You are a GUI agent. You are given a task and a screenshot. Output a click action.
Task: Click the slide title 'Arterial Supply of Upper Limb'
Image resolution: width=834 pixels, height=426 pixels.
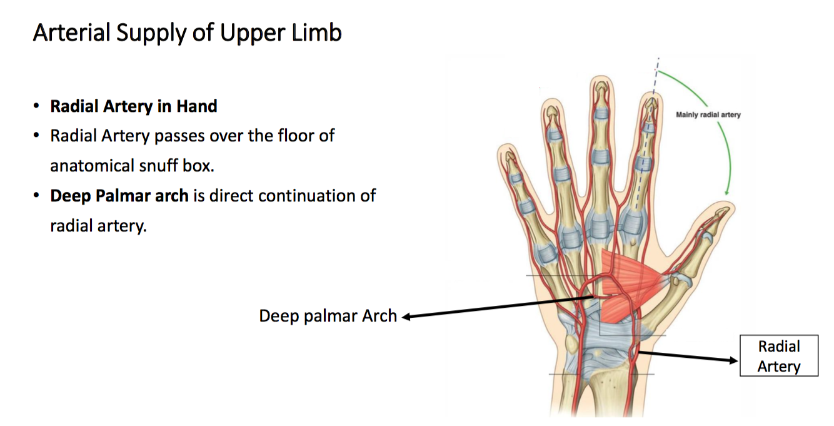[187, 33]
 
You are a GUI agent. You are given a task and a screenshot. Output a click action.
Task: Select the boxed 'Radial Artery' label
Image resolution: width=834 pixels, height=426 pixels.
[778, 356]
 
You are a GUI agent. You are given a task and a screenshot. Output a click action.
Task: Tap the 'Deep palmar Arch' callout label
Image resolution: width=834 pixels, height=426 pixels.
[328, 316]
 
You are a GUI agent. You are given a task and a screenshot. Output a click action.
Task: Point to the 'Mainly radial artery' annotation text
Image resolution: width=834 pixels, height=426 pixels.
[708, 114]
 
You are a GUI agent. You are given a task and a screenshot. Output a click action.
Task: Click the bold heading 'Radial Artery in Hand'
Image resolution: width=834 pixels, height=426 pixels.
[134, 106]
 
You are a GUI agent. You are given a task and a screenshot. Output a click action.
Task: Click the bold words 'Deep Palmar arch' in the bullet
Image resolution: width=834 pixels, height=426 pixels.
[119, 196]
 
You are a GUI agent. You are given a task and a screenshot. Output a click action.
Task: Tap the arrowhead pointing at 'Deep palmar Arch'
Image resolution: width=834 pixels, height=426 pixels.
[406, 317]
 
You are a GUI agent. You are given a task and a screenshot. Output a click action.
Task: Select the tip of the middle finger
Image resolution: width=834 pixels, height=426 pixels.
[601, 83]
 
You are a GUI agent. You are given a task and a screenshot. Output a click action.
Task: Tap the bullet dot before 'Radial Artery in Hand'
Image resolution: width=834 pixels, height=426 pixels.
[38, 107]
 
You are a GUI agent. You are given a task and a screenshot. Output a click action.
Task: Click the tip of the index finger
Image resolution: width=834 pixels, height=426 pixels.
[651, 98]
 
